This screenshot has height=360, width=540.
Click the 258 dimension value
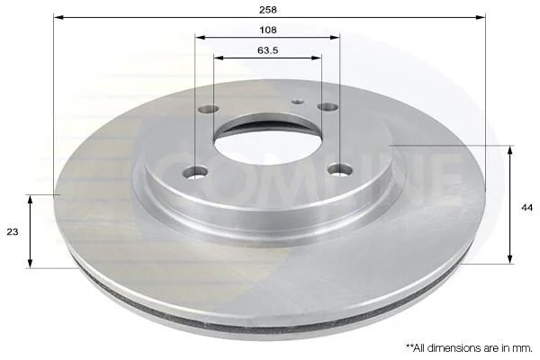(x=268, y=10)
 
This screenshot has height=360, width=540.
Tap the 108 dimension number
(x=268, y=30)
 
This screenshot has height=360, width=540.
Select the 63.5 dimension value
(x=268, y=50)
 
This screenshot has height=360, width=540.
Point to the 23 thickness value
(x=13, y=232)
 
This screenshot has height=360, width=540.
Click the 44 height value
(x=526, y=207)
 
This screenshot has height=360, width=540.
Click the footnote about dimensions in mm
(x=470, y=348)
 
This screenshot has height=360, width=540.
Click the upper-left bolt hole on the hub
(x=209, y=109)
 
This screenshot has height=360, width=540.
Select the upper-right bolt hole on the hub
(x=328, y=107)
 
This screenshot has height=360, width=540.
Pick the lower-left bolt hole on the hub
(x=196, y=172)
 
